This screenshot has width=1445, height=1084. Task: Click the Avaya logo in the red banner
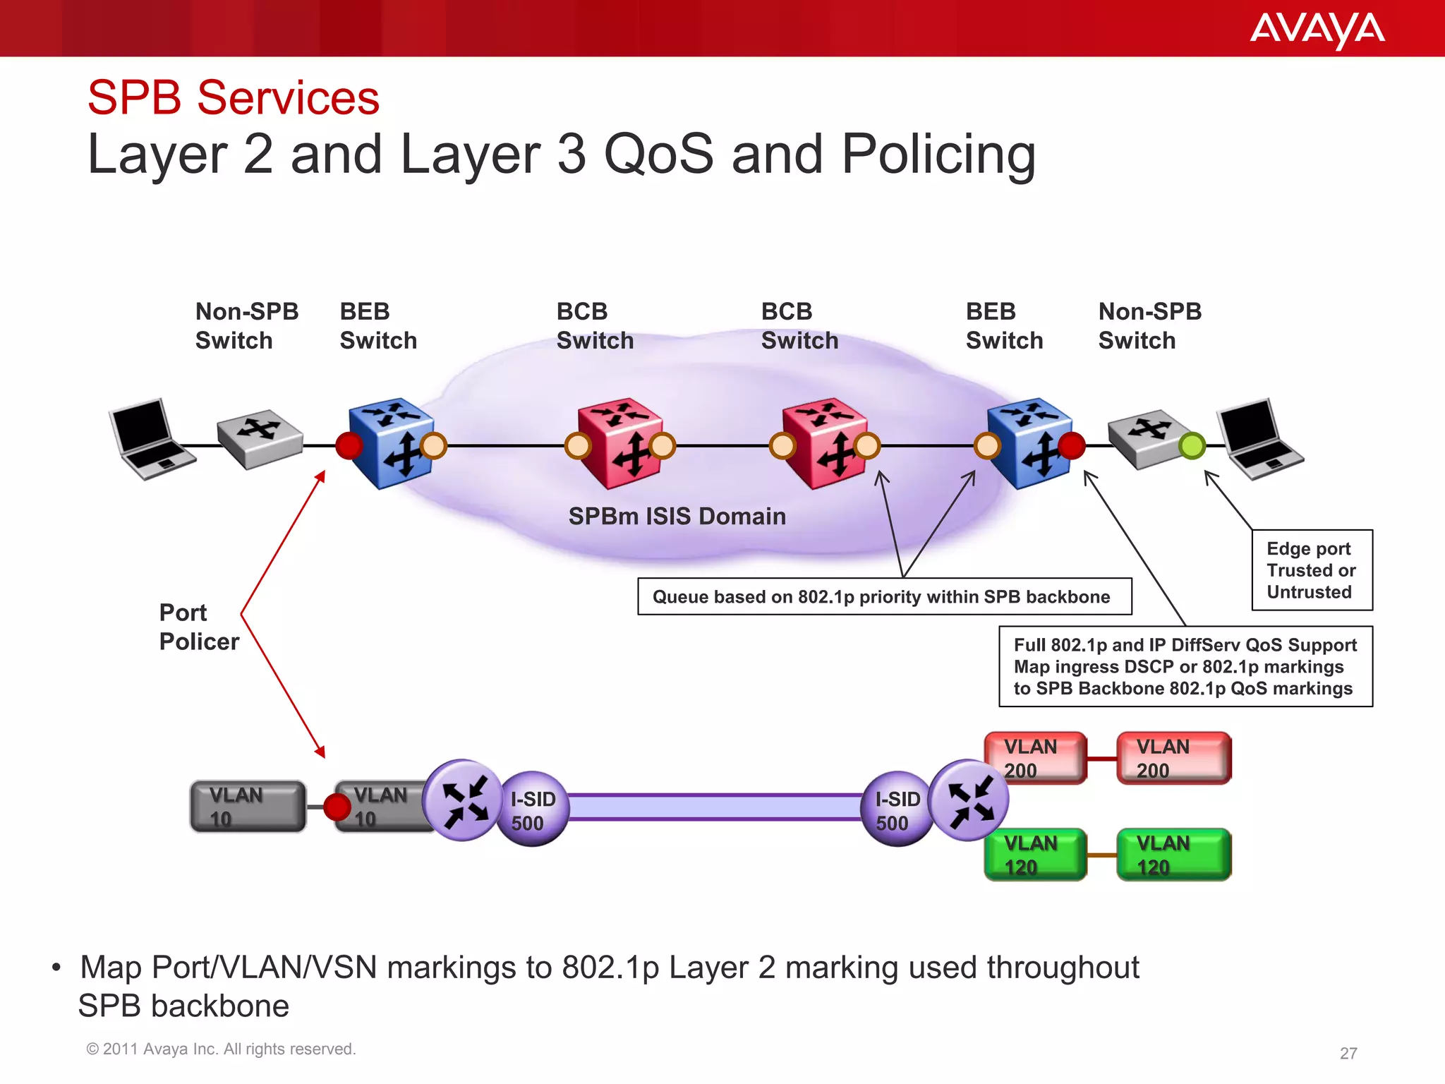[x=1317, y=30]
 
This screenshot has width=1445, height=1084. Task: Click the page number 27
[x=1348, y=1053]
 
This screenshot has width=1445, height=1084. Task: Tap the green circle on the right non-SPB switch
[x=1192, y=445]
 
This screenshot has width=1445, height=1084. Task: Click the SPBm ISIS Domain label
[x=677, y=516]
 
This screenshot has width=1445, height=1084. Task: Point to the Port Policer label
[x=198, y=627]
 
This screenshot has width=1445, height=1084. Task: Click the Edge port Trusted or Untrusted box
[x=1312, y=570]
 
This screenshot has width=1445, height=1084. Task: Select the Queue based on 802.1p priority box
[x=884, y=596]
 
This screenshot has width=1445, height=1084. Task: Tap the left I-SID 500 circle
[x=533, y=809]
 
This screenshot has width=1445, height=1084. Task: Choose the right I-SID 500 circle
[x=896, y=809]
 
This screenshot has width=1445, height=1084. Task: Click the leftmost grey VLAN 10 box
[x=248, y=806]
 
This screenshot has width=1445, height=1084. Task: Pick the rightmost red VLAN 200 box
[x=1173, y=758]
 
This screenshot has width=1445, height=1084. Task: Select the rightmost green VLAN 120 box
[x=1173, y=854]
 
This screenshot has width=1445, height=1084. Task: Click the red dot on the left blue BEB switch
[x=349, y=445]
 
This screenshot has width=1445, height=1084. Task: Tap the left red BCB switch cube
[x=619, y=443]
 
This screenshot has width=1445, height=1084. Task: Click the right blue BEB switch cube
[x=1029, y=443]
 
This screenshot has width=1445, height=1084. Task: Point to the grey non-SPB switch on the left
[x=259, y=439]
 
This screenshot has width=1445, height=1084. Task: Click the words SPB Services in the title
[x=234, y=97]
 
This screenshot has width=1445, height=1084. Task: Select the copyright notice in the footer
[x=220, y=1049]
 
